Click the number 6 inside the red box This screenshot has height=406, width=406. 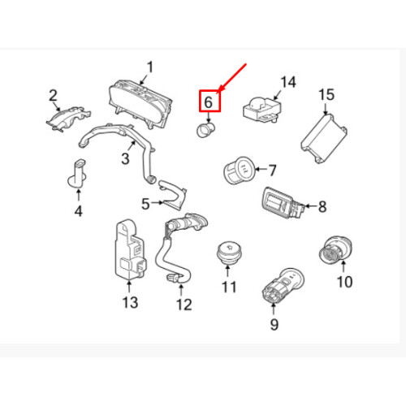point(208,102)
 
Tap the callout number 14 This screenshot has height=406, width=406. point(288,82)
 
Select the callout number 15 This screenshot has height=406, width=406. point(326,95)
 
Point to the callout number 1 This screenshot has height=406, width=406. point(150,67)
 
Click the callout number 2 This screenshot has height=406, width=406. point(53,96)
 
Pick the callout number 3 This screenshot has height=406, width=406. point(125,158)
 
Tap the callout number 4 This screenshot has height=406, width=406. point(79,211)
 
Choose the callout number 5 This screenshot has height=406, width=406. point(145,204)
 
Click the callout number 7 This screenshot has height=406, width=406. point(272,171)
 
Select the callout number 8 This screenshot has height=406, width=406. point(322,207)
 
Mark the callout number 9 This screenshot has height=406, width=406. point(274,324)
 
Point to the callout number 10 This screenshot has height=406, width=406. point(345,282)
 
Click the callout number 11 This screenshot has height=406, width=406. point(229,287)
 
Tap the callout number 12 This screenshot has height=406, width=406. point(184,304)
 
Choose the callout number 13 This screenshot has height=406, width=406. point(130,302)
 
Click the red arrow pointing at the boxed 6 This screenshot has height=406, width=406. point(232,78)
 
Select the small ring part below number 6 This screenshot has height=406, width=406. point(205,130)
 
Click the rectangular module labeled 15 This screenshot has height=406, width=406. point(324,139)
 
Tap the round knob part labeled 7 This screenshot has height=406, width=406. point(239,170)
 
